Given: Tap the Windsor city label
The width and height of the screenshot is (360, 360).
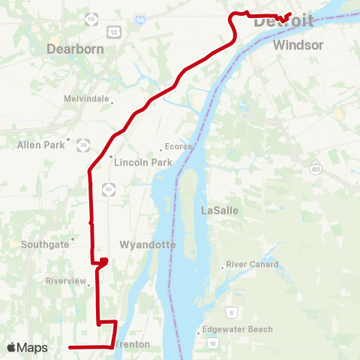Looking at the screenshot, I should (298, 46).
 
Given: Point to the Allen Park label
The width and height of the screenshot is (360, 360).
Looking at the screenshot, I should (42, 145).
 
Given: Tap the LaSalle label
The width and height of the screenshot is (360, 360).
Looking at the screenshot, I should (220, 211).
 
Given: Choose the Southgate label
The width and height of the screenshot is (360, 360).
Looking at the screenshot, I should (44, 244).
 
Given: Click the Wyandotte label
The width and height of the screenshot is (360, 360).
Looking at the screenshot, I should (148, 245).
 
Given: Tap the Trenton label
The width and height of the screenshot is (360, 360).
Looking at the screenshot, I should (135, 345).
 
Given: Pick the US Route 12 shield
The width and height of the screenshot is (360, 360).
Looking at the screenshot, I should (114, 31).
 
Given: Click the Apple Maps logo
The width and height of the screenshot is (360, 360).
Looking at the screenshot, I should (26, 348).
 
